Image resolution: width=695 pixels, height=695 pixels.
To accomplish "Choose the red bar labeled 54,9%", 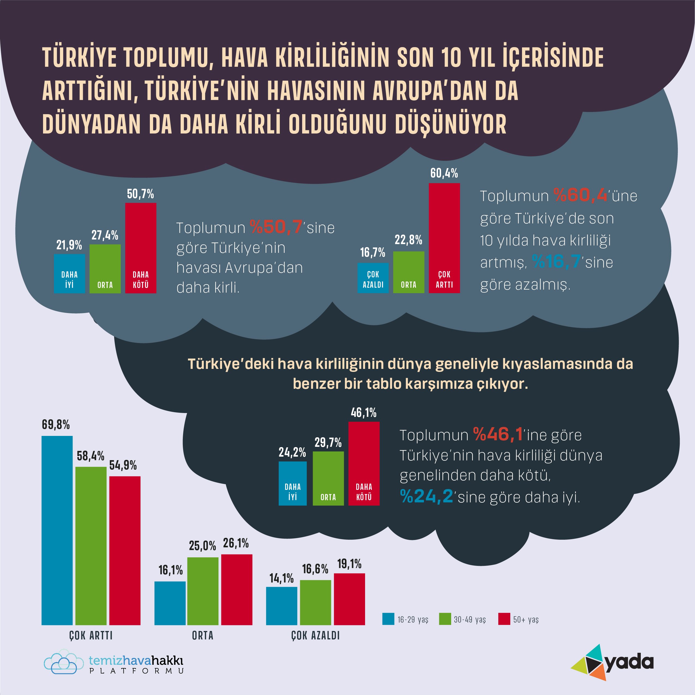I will click(125, 550).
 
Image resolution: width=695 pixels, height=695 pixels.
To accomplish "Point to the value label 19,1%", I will click(349, 564).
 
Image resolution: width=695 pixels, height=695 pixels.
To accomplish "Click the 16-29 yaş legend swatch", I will click(388, 619).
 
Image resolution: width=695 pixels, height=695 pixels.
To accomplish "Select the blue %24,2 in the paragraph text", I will click(426, 497).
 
